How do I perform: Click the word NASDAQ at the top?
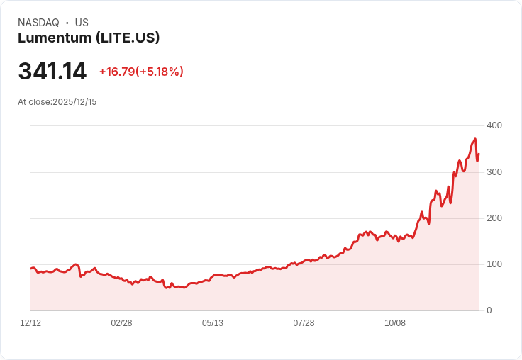38,23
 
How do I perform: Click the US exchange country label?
82,23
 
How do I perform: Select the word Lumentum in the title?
54,38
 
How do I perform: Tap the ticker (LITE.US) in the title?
127,38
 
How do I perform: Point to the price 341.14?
52,72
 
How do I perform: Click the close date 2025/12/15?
74,102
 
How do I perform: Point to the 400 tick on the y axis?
494,125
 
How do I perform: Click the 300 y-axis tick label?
494,172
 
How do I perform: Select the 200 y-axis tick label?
494,218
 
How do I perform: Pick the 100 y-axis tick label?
494,264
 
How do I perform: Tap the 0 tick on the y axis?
489,310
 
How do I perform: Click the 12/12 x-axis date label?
30,323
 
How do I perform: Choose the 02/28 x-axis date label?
121,323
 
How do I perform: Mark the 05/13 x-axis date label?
213,323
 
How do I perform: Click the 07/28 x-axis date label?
304,323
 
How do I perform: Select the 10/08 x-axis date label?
395,323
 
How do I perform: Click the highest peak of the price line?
474,139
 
